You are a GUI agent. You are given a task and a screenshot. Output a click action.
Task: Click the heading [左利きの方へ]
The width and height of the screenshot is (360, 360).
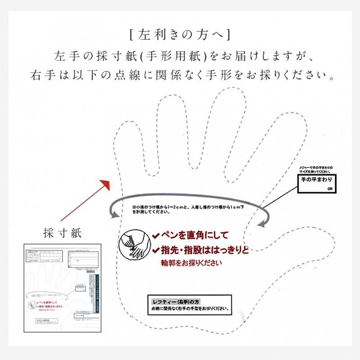180,34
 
